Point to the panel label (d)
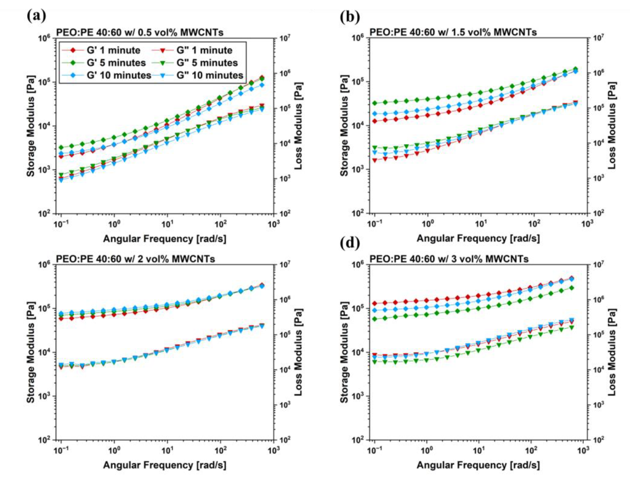[350, 243]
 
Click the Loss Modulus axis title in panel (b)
[611, 125]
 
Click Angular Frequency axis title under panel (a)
[164, 239]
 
